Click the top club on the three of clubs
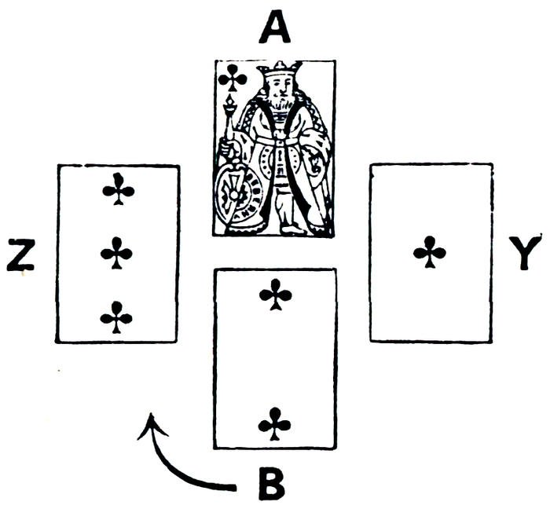[119, 189]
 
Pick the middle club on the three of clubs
[117, 253]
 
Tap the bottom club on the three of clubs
[117, 317]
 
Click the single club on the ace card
[430, 253]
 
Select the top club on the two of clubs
[275, 296]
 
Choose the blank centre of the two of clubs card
[275, 359]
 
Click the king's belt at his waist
[281, 141]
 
